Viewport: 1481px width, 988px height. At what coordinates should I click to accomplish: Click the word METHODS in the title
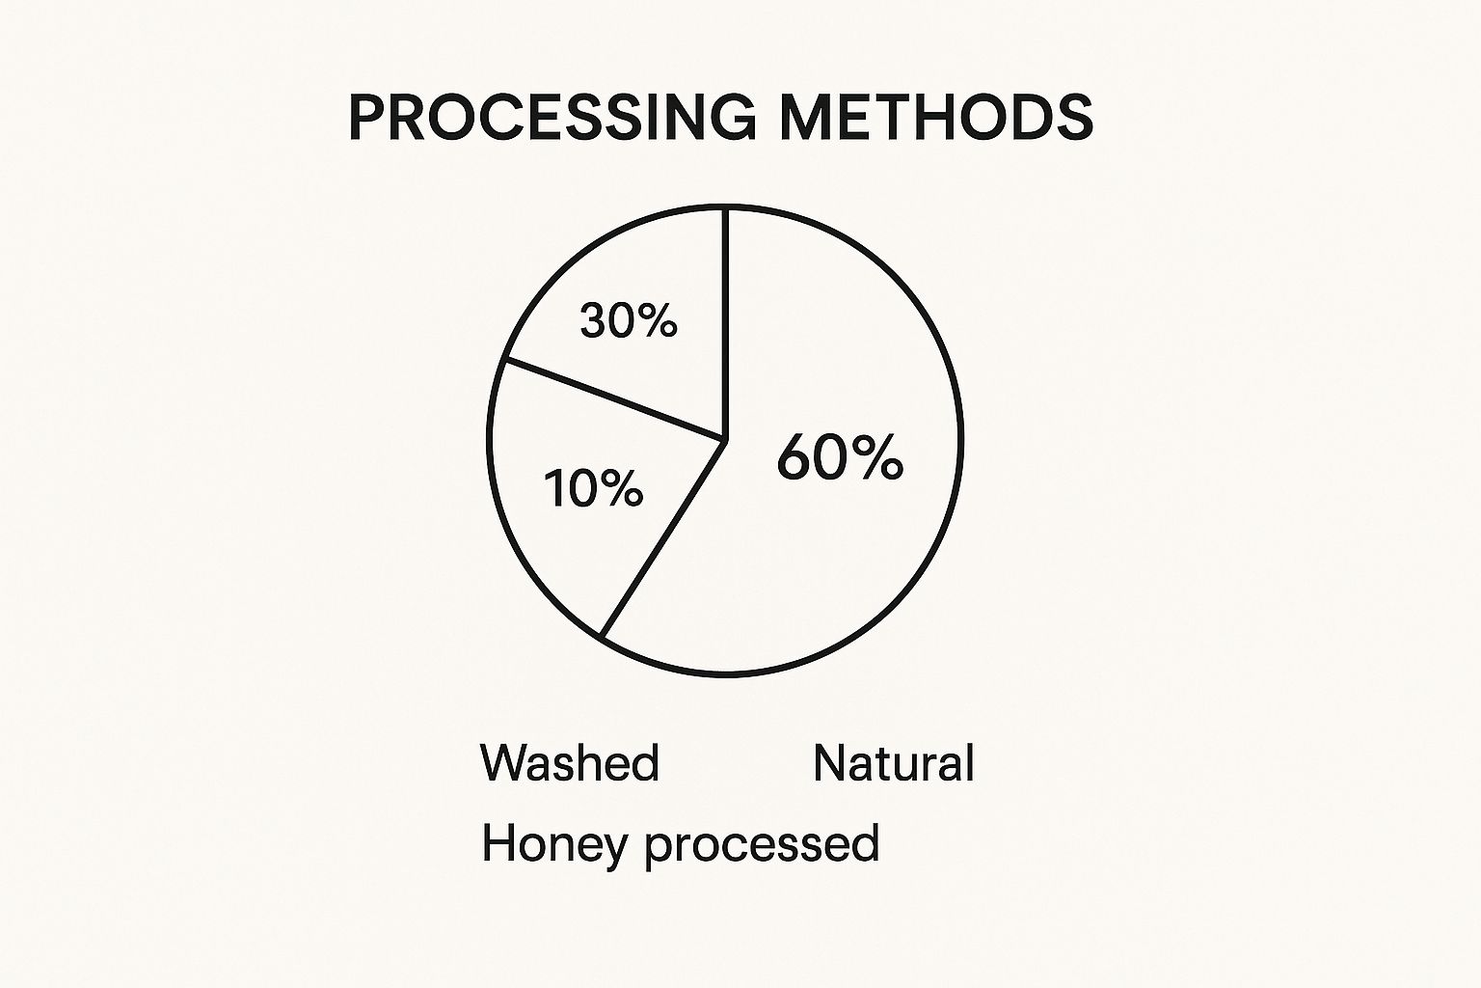point(935,118)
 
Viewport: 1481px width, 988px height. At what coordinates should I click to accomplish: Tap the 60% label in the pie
point(839,457)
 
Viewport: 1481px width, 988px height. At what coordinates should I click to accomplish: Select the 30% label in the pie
point(629,320)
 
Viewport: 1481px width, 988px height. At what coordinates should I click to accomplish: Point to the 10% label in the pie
point(593,488)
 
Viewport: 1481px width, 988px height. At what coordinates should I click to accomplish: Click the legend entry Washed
point(570,763)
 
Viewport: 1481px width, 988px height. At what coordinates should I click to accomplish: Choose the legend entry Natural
point(894,763)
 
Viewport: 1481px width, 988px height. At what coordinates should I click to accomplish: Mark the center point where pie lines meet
point(725,440)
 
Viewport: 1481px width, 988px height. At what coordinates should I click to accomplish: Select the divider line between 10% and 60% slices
point(663,538)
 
